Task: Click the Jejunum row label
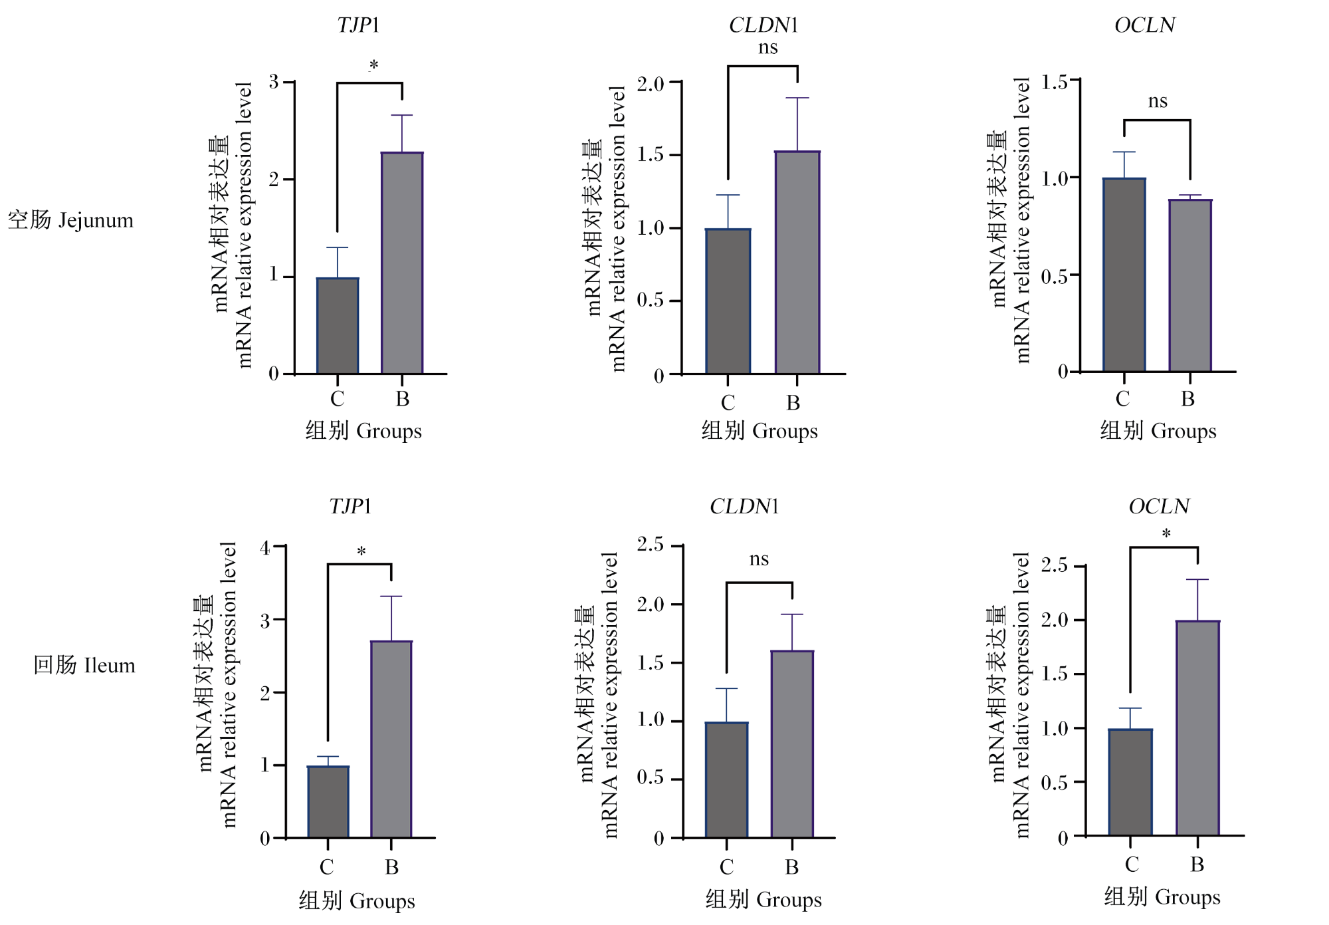(x=70, y=220)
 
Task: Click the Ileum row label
(x=84, y=665)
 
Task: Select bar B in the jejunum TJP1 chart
(x=402, y=263)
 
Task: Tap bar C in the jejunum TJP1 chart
(x=338, y=326)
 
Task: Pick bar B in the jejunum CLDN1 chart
(x=797, y=262)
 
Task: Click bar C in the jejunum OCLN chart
(x=1124, y=275)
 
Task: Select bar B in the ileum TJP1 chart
(x=391, y=739)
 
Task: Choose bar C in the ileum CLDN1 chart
(x=726, y=779)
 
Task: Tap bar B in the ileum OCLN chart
(x=1197, y=727)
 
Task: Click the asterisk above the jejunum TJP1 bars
(x=373, y=65)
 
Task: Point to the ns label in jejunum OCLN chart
(x=1158, y=101)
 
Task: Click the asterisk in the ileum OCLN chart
(x=1166, y=533)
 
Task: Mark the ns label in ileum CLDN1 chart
(x=759, y=559)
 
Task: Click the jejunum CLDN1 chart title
(x=763, y=25)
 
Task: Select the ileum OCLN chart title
(x=1159, y=507)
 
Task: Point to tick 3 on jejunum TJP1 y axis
(x=274, y=82)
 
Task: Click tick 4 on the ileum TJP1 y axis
(x=265, y=548)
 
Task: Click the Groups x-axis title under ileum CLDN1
(x=764, y=900)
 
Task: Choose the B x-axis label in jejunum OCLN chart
(x=1188, y=399)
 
